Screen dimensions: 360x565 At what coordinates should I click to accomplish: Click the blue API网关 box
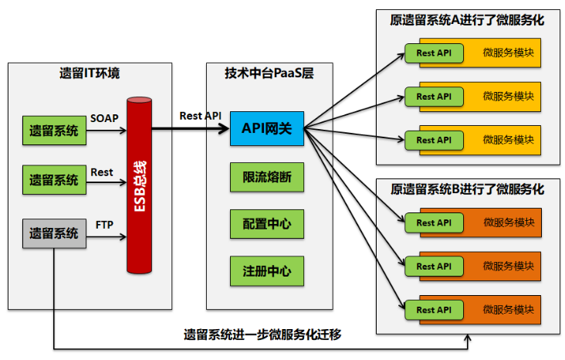267,128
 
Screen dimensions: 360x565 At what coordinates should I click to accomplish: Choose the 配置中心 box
267,224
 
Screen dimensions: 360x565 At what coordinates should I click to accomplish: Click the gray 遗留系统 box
54,233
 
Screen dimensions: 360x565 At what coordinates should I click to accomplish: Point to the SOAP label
105,118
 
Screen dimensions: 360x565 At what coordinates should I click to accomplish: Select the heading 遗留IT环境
90,75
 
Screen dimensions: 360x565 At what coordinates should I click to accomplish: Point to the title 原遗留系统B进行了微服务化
468,188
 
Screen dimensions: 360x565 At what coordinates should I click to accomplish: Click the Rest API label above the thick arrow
200,115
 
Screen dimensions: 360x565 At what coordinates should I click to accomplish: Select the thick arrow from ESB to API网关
190,129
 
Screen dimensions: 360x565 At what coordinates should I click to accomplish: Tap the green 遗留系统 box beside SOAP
54,131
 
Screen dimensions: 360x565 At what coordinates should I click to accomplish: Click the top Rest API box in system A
434,53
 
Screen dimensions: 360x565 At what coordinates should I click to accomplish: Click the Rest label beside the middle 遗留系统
102,172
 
